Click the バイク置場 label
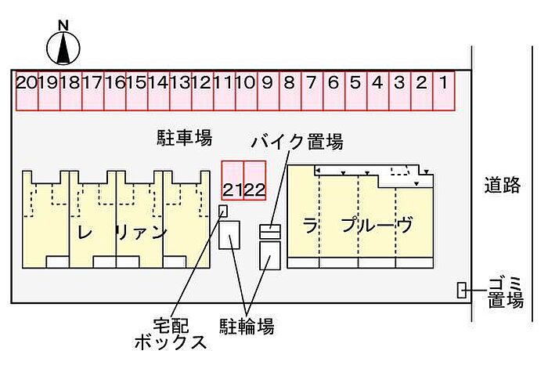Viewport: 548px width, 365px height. [297, 142]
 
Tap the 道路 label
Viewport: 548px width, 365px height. [502, 186]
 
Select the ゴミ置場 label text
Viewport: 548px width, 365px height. [505, 291]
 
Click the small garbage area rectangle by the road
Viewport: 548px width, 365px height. [462, 290]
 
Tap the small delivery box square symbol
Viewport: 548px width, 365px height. [223, 211]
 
